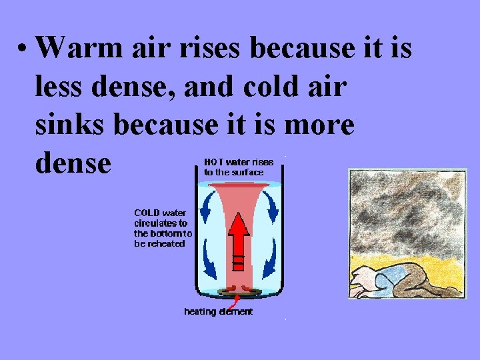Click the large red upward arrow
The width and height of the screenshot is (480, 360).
(x=238, y=237)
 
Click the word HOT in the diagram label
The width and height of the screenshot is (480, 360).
(x=214, y=162)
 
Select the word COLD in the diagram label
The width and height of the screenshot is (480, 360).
(x=150, y=213)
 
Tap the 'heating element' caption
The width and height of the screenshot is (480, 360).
(x=218, y=312)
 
